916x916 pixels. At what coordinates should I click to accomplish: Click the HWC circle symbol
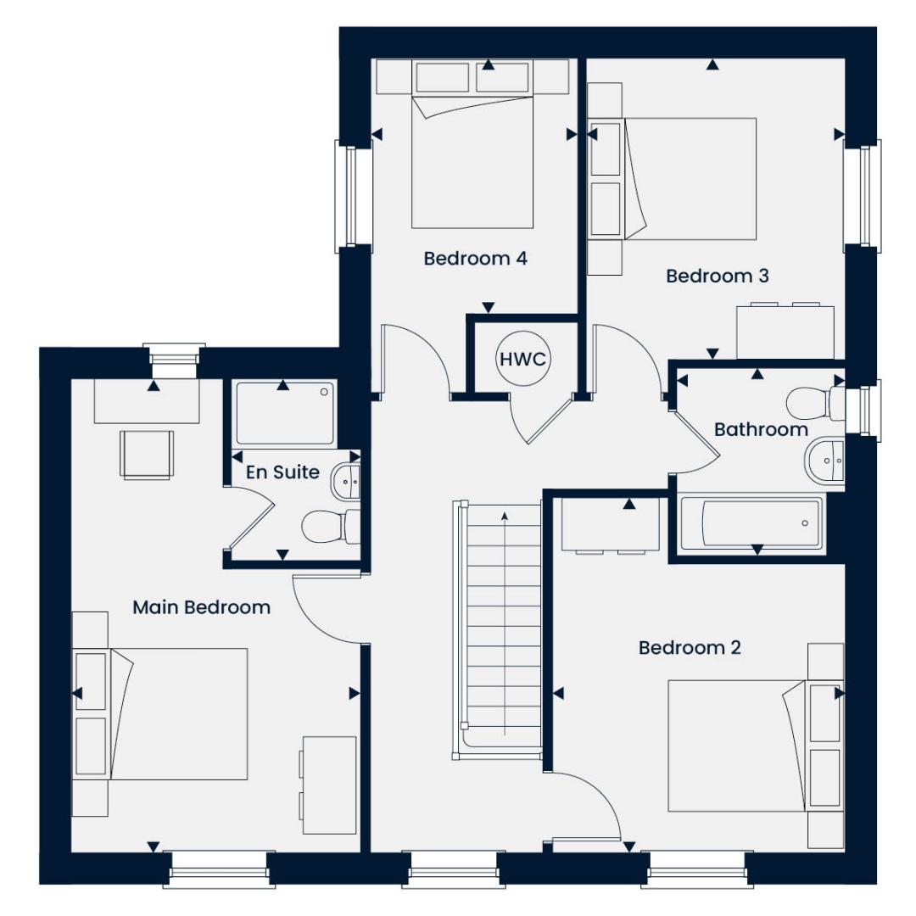pos(522,360)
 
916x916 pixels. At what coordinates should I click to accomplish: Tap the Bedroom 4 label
pos(475,259)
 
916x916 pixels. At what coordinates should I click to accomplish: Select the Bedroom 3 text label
pos(717,276)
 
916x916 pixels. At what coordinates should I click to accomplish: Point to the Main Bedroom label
pos(201,607)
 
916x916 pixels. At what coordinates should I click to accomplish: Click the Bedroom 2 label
pos(690,648)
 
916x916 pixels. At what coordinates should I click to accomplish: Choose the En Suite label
pos(282,472)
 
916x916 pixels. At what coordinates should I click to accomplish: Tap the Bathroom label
pos(760,429)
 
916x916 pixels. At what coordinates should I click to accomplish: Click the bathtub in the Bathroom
pos(751,523)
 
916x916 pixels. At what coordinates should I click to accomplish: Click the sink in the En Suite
pos(346,481)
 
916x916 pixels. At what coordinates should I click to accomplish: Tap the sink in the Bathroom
pos(823,461)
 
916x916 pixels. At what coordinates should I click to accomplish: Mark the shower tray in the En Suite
pos(284,414)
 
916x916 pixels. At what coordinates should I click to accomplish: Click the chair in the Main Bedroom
pos(148,454)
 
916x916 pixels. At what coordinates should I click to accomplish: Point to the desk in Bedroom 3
pos(790,331)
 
